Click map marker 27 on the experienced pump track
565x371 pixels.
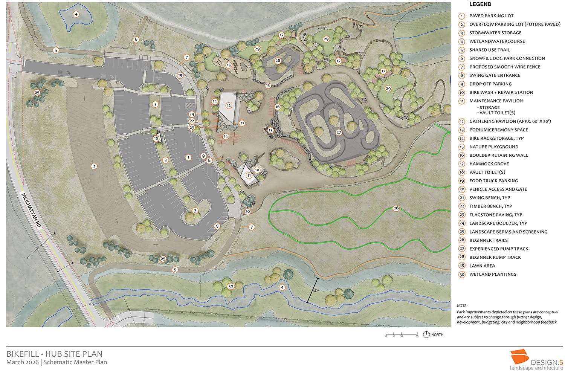(x=339, y=132)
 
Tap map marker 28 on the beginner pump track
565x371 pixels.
(x=278, y=61)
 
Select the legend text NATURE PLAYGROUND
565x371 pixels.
(x=493, y=147)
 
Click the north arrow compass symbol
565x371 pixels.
(x=426, y=334)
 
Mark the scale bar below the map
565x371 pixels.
(x=402, y=334)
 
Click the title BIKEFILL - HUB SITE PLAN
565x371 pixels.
(x=54, y=354)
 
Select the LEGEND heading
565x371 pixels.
(x=480, y=5)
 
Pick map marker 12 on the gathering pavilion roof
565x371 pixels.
(x=229, y=105)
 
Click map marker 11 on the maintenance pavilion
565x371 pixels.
(x=249, y=176)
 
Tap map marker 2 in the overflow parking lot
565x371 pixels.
(x=94, y=166)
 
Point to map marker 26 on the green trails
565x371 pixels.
(x=396, y=208)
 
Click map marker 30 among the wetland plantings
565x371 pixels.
(x=231, y=286)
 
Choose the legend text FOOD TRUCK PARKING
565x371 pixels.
(x=493, y=181)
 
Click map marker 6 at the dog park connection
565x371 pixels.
(x=136, y=40)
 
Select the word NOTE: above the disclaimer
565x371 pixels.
(x=462, y=306)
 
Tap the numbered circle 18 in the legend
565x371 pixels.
(x=461, y=172)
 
